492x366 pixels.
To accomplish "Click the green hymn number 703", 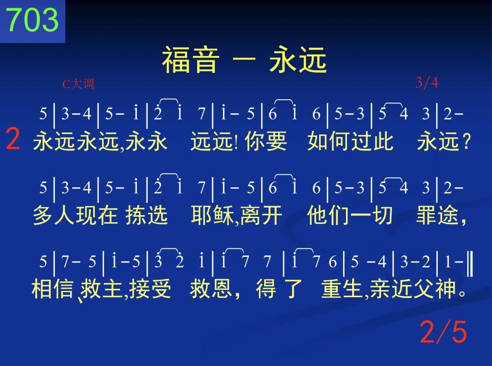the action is pos(33,19).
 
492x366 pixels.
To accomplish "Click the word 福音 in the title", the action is pos(190,60).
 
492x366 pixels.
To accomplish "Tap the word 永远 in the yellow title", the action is pos(298,60).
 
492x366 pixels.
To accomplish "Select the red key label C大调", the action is pos(78,84).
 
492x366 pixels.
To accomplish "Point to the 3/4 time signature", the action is pos(427,83).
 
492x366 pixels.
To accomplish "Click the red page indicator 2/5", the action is pos(443,331).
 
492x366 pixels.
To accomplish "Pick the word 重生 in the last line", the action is pos(342,288).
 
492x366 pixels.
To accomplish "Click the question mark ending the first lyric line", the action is pos(467,142).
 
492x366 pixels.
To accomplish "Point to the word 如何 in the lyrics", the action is pos(329,141).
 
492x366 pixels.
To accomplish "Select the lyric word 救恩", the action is pos(211,288).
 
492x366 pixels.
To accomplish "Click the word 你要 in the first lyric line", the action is pos(266,141).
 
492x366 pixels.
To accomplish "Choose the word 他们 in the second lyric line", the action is pos(328,215).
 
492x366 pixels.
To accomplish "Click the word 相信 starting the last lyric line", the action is pos(52,288).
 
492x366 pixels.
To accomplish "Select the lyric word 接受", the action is pos(150,288).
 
